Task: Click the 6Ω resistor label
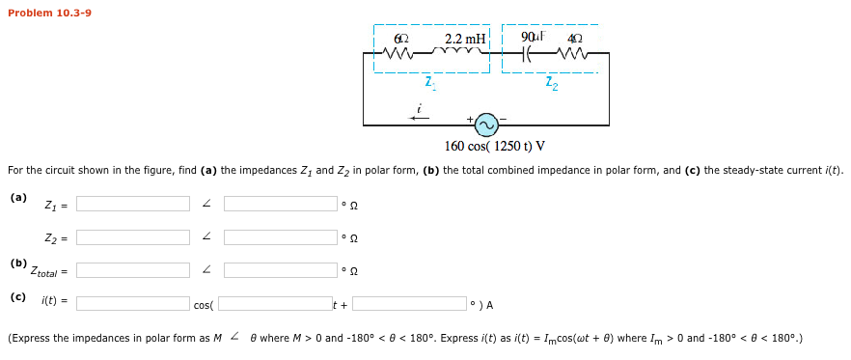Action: point(402,40)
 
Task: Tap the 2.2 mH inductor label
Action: point(465,40)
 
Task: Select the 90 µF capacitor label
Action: point(533,38)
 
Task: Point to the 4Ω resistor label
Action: point(576,40)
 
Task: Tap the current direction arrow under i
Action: point(417,118)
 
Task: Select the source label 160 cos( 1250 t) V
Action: point(494,146)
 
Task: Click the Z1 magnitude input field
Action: point(133,204)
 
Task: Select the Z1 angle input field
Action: point(280,204)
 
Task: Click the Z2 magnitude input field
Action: point(133,236)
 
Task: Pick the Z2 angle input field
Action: point(280,236)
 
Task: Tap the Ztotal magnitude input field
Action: point(133,269)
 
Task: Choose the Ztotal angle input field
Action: point(280,269)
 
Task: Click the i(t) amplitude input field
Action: point(133,303)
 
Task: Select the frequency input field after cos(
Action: point(274,303)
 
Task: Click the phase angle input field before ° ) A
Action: point(408,303)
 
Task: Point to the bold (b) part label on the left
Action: point(18,262)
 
